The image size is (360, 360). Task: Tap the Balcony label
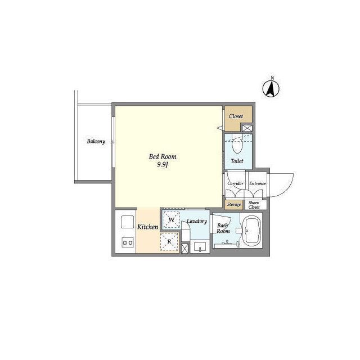point(96,141)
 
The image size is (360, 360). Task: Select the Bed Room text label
point(163,156)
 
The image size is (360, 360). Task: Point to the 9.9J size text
point(163,165)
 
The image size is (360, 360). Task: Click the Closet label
point(236,116)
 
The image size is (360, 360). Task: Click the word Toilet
point(237,161)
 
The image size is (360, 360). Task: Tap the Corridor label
point(235,183)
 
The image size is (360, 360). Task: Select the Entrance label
point(258,183)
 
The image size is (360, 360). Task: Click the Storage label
point(234,204)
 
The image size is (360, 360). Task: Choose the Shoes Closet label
point(254,205)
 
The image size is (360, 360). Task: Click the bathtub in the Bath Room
point(252,231)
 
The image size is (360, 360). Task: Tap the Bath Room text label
point(223,228)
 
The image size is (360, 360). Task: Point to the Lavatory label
point(197,221)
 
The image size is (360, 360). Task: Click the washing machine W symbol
point(171,220)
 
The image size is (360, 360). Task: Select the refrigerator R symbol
point(169,241)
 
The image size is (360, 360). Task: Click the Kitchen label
point(147,227)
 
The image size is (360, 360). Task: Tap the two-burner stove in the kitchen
point(128,242)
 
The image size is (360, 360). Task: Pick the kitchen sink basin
point(128,222)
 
